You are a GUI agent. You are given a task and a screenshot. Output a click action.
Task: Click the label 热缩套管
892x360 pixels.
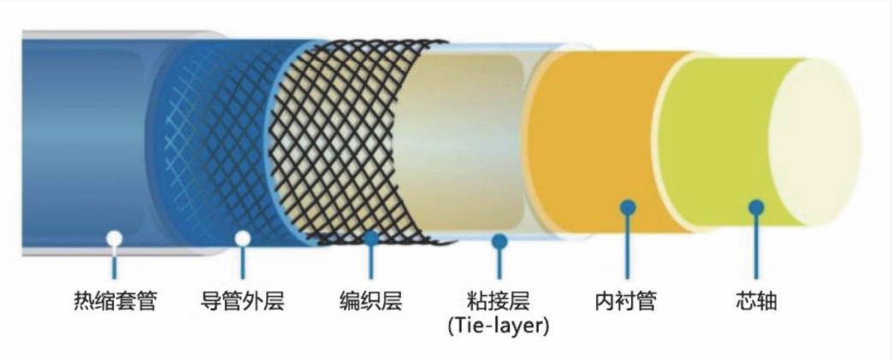pos(115,301)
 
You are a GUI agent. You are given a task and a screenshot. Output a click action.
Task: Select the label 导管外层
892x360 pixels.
pos(243,301)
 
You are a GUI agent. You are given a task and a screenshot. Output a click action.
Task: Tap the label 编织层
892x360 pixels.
pos(371,301)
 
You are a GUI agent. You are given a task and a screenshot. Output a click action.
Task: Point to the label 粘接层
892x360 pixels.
pos(499,301)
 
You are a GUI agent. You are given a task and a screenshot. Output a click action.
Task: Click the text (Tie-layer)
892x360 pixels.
pos(499,327)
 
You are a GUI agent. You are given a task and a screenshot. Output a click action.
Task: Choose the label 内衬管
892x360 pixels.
pos(628,301)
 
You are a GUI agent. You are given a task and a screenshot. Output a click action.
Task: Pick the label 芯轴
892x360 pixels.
pos(756,301)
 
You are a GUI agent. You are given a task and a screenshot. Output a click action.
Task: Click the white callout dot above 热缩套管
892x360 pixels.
pos(115,239)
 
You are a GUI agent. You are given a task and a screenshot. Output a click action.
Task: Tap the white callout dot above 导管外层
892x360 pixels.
pos(243,239)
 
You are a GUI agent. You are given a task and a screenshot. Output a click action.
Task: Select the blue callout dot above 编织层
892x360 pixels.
pos(371,239)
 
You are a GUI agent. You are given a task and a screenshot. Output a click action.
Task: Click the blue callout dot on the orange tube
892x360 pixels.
pos(628,207)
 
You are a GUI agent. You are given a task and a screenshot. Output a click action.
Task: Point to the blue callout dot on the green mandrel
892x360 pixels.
pos(756,207)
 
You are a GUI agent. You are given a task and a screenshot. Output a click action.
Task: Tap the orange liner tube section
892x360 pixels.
pos(597,142)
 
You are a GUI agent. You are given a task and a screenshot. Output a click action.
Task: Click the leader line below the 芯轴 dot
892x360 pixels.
pos(756,246)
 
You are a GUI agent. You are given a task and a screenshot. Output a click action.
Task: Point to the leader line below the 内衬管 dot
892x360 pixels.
pos(628,246)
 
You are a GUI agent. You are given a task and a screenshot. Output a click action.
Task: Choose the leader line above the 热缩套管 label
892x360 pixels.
pos(115,263)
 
